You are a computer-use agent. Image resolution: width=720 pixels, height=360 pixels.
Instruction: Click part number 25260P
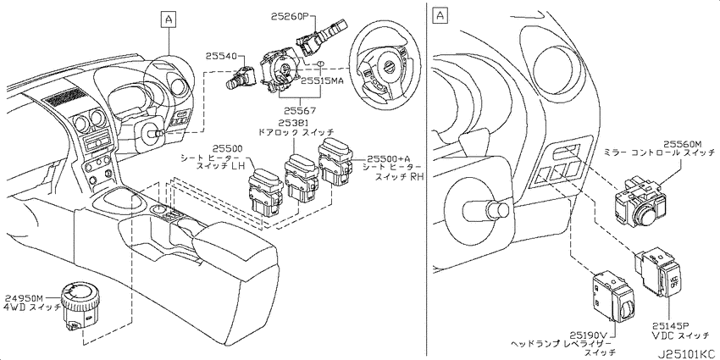pos(290,16)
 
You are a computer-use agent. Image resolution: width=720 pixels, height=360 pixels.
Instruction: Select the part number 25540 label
pos(221,57)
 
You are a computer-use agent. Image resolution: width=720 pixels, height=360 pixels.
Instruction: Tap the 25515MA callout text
pos(322,80)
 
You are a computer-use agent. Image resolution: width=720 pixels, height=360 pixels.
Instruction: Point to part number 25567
pos(299,111)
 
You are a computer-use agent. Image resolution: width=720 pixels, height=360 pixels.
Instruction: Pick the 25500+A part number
pos(386,157)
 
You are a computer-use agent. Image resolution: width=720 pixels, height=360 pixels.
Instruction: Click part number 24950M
pos(24,298)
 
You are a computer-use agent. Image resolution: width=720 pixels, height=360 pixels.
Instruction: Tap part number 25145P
pos(672,325)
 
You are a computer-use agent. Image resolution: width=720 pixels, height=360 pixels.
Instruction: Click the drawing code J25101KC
pos(688,353)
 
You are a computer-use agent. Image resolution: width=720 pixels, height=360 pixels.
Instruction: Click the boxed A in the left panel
pos(169,19)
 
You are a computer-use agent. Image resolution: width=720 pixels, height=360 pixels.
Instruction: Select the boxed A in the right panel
pos(440,15)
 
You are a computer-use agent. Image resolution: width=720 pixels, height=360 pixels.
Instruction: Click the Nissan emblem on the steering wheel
pos(389,67)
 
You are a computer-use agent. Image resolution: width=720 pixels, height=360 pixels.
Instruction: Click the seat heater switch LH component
pos(265,192)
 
